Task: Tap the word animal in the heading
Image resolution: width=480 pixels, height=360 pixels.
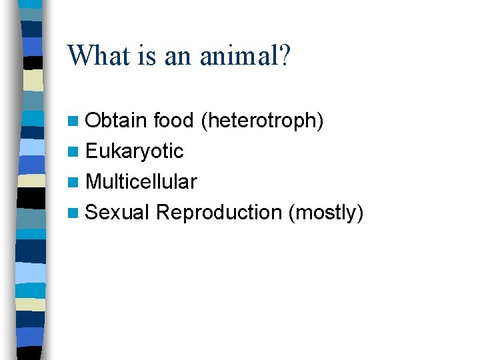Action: (240, 55)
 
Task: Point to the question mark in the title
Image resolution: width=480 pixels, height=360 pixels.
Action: (285, 55)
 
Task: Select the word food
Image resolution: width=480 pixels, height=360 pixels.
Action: (173, 120)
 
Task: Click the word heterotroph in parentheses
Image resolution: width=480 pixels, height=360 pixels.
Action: (263, 120)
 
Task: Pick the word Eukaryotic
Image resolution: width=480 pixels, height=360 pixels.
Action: (135, 151)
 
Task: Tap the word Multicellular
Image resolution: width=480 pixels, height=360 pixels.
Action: (141, 181)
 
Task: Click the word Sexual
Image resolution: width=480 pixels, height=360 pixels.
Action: (117, 212)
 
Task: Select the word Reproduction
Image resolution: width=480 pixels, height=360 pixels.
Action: (219, 212)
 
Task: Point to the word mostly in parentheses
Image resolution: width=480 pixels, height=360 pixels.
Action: (327, 213)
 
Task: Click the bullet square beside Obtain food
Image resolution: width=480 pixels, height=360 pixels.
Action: (73, 121)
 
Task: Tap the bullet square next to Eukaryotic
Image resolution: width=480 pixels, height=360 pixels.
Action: (73, 151)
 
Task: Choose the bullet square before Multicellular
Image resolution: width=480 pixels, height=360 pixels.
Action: (73, 182)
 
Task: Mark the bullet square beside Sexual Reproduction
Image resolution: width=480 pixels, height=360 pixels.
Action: (73, 213)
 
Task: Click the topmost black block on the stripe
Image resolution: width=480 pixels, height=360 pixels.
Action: (33, 63)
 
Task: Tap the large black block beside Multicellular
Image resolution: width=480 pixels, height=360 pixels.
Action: (31, 198)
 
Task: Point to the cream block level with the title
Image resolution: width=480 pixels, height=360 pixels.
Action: (33, 80)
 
